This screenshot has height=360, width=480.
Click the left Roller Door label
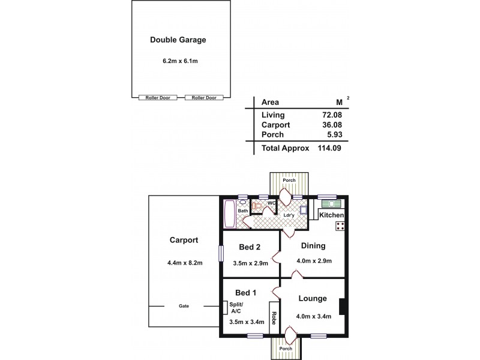157,98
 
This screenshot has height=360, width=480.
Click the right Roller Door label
203,98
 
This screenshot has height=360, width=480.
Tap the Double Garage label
178,41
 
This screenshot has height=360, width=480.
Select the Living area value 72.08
332,115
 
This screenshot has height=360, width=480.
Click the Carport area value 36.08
332,125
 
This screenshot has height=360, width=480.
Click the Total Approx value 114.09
329,148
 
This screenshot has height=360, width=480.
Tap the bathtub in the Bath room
229,214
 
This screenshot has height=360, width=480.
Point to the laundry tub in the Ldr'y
303,211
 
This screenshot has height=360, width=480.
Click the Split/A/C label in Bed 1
236,308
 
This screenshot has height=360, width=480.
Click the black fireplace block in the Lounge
341,307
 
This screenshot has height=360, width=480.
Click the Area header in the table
271,102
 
